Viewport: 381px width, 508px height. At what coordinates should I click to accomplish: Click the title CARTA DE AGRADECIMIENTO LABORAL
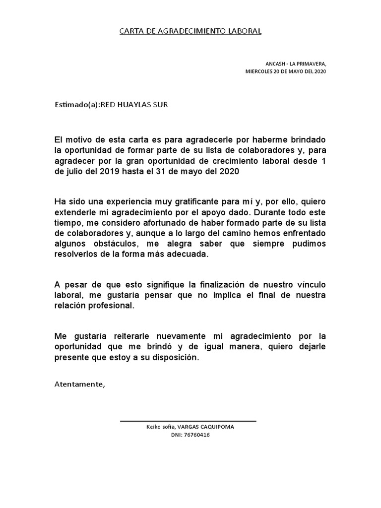190,32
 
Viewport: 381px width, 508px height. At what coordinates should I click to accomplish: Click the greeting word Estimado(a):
77,105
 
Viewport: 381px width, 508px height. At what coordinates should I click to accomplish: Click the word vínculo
310,285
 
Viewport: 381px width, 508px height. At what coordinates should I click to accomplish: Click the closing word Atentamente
79,384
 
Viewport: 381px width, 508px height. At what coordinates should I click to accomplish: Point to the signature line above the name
188,421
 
